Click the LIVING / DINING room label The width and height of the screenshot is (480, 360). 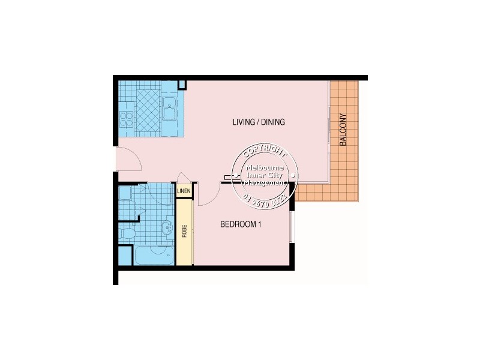point(258,122)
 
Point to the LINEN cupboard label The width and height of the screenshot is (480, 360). point(184,191)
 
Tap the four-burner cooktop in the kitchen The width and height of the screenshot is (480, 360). point(126,118)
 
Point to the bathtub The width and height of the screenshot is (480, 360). point(154,255)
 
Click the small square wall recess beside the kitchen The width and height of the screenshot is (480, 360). point(182,85)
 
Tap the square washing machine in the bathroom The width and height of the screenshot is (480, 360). point(125,194)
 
